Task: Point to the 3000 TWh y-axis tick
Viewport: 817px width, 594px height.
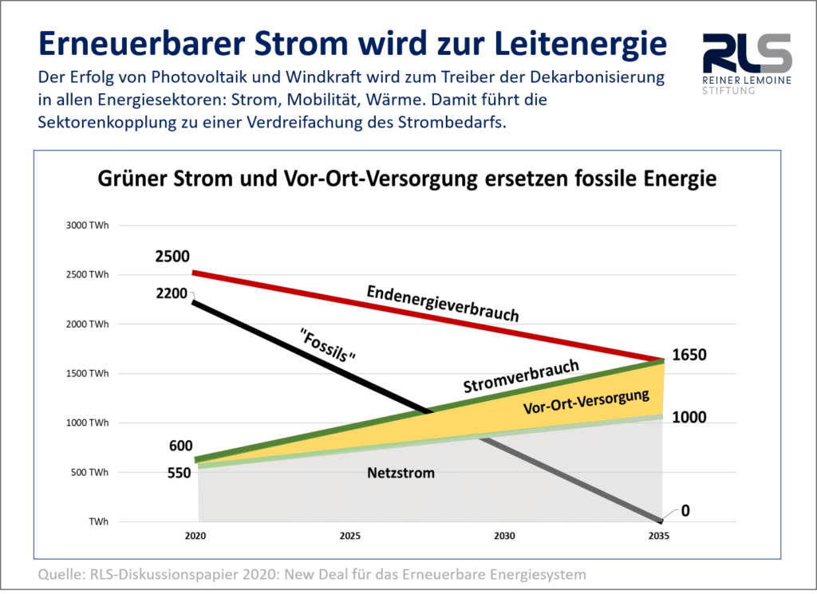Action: (x=88, y=226)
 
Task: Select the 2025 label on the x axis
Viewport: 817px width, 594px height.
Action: (x=349, y=536)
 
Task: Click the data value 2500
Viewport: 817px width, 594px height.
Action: (x=172, y=257)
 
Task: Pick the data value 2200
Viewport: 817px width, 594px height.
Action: (x=172, y=293)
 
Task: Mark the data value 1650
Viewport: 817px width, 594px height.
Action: (x=689, y=356)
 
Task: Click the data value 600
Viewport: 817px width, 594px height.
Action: (x=180, y=446)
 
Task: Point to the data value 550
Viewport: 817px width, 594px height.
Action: (x=179, y=473)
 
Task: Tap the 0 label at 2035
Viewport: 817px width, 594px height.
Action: (x=685, y=511)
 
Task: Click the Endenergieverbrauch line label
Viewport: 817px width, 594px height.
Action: (x=442, y=304)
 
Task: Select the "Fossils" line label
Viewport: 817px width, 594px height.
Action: (x=327, y=344)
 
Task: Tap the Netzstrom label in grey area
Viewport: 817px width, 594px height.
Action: (x=401, y=473)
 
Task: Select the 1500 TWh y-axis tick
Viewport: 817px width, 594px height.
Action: (x=88, y=374)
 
